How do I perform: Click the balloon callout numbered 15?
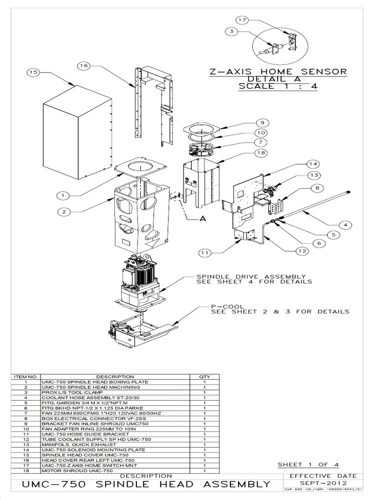click(x=33, y=73)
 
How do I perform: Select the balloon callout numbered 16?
click(x=83, y=65)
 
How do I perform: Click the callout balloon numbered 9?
click(x=262, y=123)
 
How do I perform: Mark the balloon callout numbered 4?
click(x=345, y=225)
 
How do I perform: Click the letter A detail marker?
click(x=203, y=219)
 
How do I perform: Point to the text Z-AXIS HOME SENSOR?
click(x=278, y=72)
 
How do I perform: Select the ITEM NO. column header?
click(x=26, y=377)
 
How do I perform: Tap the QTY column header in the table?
click(x=204, y=377)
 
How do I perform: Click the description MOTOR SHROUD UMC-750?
click(x=71, y=471)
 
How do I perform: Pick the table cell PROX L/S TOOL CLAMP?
click(x=67, y=392)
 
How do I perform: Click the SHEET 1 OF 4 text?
click(x=308, y=464)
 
